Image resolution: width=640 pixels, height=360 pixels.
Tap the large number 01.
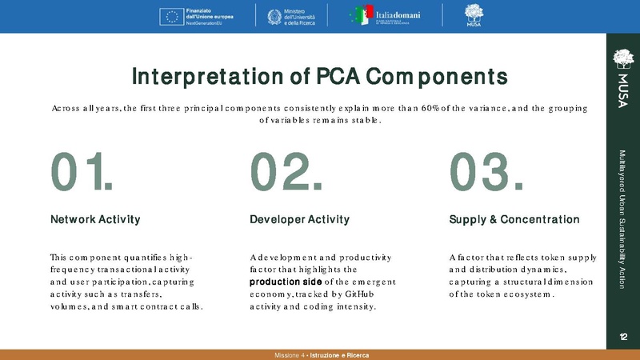(x=80, y=172)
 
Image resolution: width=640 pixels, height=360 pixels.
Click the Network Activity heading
(x=95, y=219)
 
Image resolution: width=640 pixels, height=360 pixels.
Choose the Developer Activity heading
(x=299, y=219)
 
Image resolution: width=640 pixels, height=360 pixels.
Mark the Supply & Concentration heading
(x=514, y=219)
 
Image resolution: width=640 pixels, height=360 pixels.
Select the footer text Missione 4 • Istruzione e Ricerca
(x=319, y=354)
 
